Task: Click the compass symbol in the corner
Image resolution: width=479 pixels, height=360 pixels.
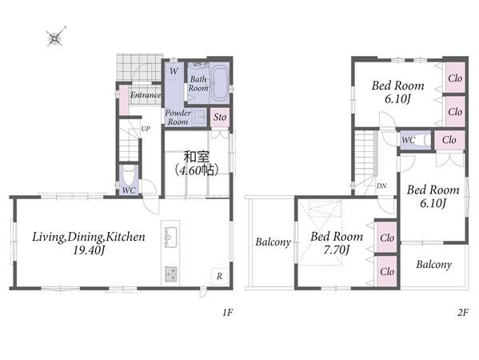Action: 56,37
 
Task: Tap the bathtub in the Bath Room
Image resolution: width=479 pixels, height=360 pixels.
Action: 220,82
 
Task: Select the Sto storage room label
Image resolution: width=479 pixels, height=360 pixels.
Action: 220,117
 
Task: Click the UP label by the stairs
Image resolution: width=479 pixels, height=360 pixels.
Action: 146,129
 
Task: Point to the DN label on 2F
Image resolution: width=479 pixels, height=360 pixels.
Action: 381,186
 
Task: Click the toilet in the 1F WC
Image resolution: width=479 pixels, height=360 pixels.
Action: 128,175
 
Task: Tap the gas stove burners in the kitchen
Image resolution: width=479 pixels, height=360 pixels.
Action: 171,274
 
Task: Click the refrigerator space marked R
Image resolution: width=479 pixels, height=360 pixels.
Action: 219,276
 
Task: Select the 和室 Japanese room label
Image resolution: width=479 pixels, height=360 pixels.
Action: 197,157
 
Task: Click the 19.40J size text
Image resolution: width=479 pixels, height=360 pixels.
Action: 89,250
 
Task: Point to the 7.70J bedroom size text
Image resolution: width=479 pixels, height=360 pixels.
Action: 337,250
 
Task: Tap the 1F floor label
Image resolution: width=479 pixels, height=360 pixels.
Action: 228,313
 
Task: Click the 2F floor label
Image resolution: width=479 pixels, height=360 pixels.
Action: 463,313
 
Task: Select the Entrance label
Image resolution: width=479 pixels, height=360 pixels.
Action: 146,95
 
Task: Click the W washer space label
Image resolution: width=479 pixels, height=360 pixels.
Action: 174,71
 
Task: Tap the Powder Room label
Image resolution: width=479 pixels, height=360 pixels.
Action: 178,117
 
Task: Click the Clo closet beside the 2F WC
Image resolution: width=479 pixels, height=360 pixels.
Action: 449,140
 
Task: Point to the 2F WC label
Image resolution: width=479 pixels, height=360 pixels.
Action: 409,140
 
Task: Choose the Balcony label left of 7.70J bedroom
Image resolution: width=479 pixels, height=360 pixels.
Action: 273,242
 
